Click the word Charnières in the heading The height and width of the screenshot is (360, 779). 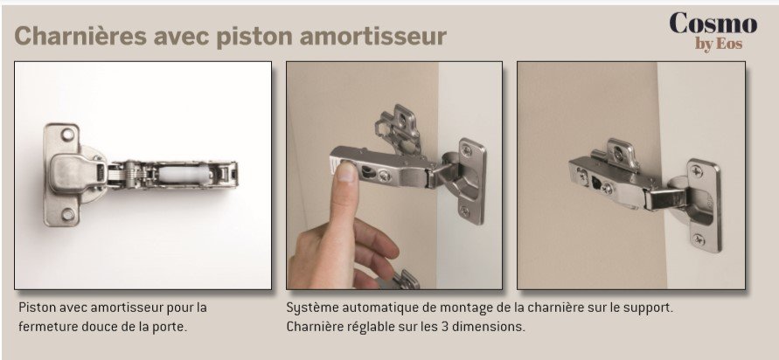pos(80,36)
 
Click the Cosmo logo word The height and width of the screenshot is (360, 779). pos(713,24)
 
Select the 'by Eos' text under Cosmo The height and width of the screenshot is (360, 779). pos(719,45)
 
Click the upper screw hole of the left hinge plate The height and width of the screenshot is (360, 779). pos(67,134)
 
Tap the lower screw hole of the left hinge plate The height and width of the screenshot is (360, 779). pos(67,214)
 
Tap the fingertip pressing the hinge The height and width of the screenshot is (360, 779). pos(346,172)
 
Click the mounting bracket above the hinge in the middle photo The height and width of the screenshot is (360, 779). pos(400,129)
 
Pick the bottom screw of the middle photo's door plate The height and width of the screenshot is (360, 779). pos(465,211)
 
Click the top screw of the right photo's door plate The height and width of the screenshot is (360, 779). pos(698,172)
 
